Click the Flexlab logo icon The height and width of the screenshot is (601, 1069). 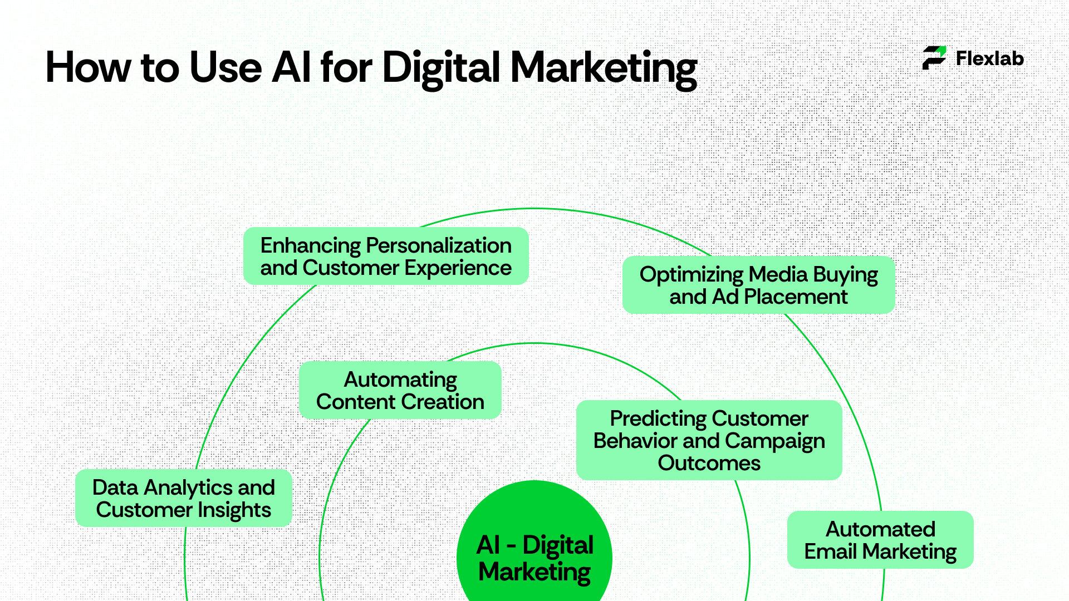click(934, 58)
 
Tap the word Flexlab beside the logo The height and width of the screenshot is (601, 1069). click(989, 58)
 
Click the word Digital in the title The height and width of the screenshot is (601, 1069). click(441, 68)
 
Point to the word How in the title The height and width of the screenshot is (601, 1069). click(87, 68)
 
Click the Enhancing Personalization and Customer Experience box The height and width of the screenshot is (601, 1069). click(386, 256)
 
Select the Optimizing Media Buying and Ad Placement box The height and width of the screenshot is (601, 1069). click(758, 285)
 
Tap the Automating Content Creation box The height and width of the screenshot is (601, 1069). click(400, 390)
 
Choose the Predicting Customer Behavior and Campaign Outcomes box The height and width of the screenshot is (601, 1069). click(709, 440)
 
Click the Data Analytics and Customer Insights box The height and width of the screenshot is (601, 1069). click(184, 498)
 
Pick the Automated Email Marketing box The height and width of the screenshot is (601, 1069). click(880, 540)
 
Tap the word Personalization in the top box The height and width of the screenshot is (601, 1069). click(439, 245)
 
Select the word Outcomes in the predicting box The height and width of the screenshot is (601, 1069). click(709, 463)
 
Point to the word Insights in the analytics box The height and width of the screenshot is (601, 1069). click(234, 510)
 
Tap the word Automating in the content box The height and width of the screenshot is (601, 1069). click(400, 380)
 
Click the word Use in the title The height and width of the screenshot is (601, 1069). click(225, 68)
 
